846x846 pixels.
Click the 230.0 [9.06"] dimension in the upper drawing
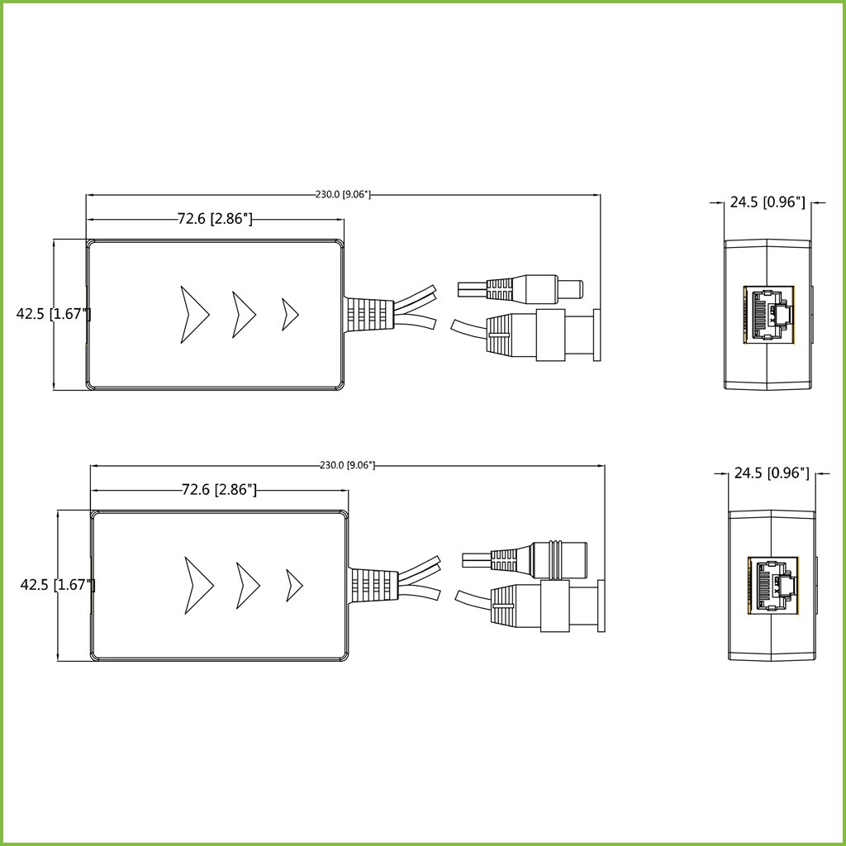tap(343, 195)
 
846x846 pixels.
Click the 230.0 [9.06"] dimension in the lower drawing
tap(347, 465)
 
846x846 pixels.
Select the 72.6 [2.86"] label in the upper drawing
tap(215, 219)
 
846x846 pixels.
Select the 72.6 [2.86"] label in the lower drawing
tap(219, 490)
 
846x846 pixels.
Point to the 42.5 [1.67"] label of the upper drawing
tap(54, 314)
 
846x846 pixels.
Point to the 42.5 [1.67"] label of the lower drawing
tap(58, 584)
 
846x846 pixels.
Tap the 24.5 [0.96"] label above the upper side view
tap(767, 202)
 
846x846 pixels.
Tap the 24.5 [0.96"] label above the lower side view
tap(772, 473)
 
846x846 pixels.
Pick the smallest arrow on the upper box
tap(289, 314)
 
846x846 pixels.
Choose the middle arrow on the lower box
tap(247, 585)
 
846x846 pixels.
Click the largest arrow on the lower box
tap(198, 585)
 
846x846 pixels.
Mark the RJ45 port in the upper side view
tap(769, 314)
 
